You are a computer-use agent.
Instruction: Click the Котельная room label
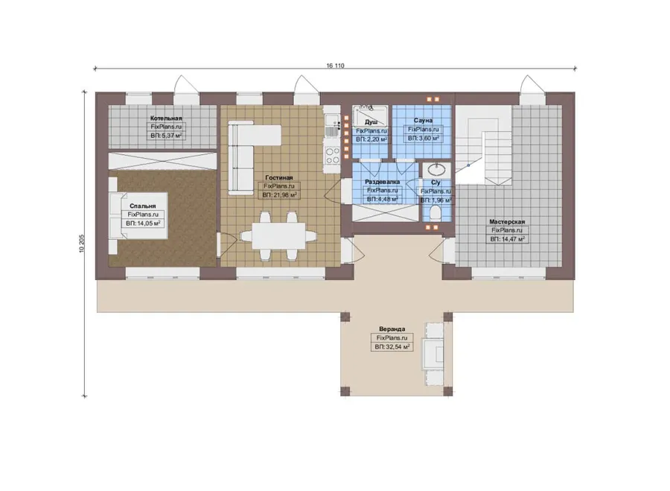tap(166, 118)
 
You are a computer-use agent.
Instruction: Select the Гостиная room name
tap(279, 177)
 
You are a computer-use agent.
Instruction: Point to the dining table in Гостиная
tap(278, 235)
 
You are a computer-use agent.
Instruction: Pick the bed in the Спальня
tap(138, 215)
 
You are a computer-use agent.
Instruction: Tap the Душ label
tap(371, 122)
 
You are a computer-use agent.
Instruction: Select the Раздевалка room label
tap(383, 182)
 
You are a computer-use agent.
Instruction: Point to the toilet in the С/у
tap(435, 213)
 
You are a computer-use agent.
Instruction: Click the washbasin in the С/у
tap(436, 170)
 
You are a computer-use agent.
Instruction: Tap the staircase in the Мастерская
tap(483, 145)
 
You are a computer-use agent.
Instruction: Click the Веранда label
tap(392, 329)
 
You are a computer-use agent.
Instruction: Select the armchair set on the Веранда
tap(433, 355)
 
